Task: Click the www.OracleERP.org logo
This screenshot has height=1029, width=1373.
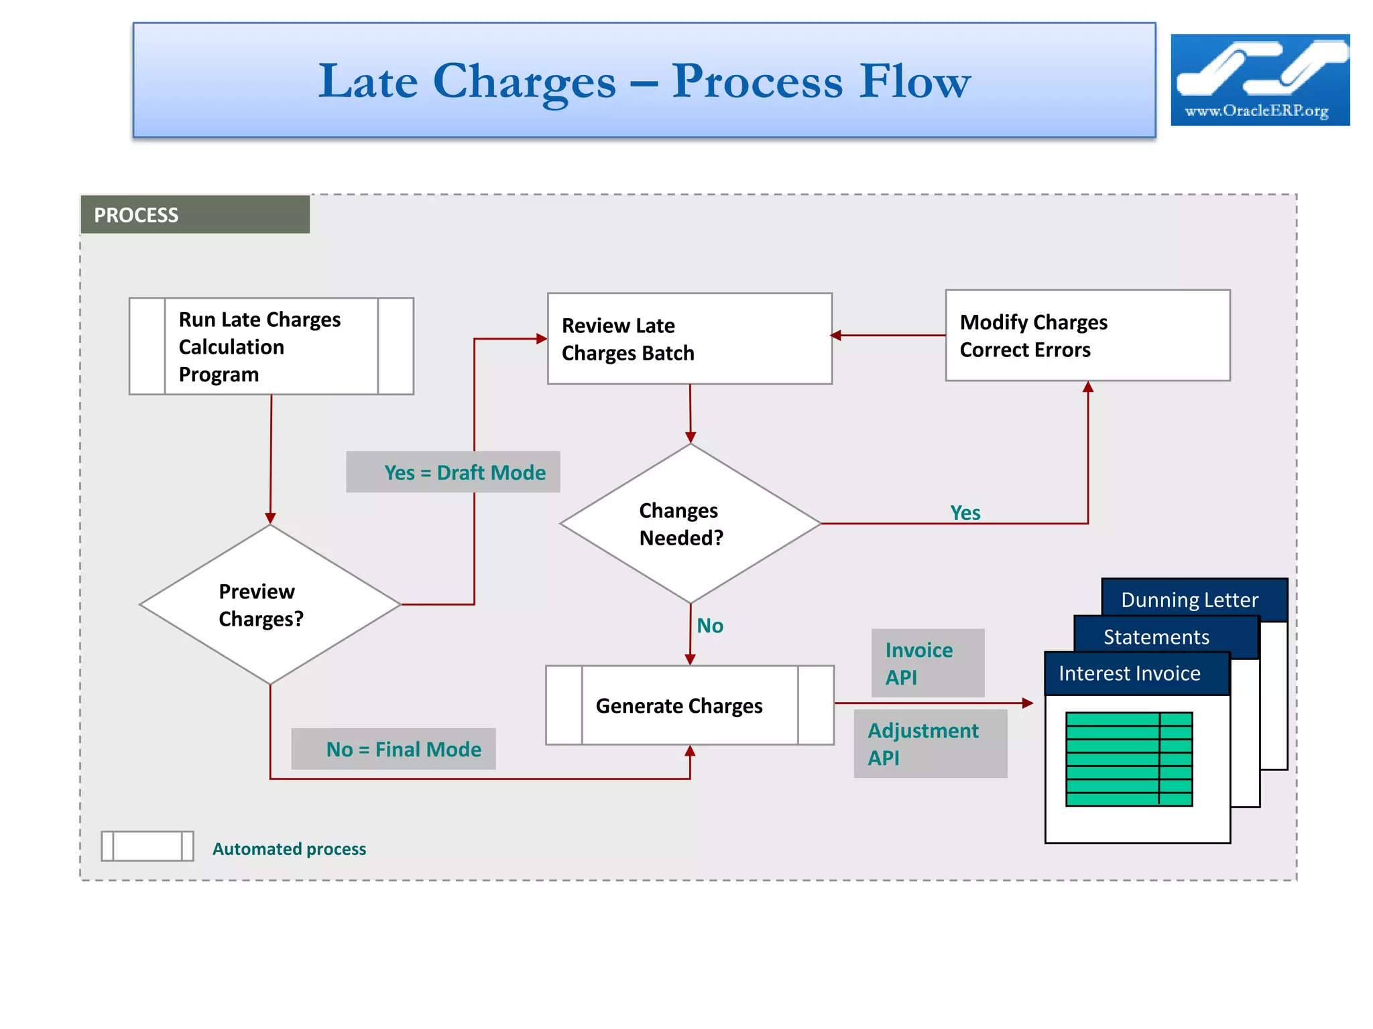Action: click(x=1260, y=80)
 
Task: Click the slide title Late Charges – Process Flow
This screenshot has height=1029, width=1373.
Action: click(x=644, y=81)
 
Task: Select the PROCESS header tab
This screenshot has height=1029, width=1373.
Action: click(x=194, y=215)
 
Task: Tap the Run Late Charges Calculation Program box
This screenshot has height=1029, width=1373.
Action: click(x=271, y=346)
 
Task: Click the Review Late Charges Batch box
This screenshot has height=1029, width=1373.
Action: click(x=689, y=339)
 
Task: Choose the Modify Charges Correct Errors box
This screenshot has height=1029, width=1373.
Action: click(x=1087, y=336)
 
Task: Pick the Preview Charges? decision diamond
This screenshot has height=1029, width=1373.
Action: click(x=270, y=604)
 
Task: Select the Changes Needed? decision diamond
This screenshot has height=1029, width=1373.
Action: click(x=689, y=524)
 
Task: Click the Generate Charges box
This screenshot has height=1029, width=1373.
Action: click(x=689, y=705)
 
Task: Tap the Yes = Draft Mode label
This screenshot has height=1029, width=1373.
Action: click(x=453, y=472)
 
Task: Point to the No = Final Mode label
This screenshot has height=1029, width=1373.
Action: click(x=394, y=749)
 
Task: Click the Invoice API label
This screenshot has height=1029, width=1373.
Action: click(x=927, y=663)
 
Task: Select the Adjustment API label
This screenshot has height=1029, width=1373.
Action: click(x=930, y=744)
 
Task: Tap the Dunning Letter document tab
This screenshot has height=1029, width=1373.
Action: click(x=1191, y=599)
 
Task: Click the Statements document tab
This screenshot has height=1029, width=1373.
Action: click(x=1157, y=636)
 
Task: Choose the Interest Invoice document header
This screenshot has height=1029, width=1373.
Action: click(x=1130, y=673)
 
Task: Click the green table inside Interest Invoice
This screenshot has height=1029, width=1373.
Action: click(x=1129, y=759)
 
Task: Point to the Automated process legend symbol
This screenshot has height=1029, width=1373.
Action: click(x=147, y=846)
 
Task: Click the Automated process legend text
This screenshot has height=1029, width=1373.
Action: click(x=289, y=849)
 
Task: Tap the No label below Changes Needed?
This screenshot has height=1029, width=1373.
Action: click(x=710, y=626)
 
